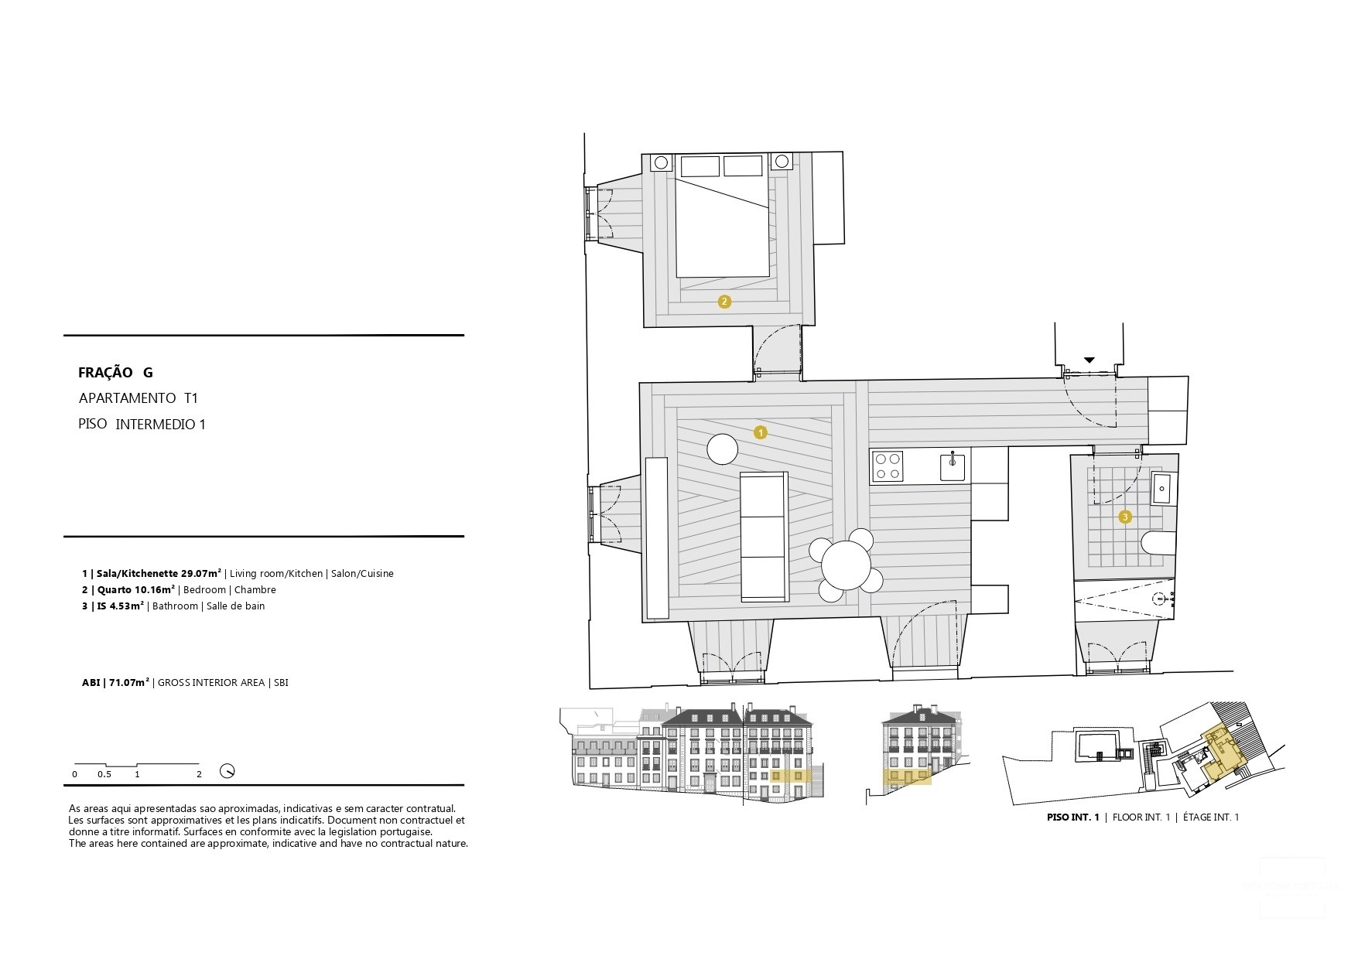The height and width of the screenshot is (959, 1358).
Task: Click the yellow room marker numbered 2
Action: point(724,302)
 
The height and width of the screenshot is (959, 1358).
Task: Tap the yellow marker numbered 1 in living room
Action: point(760,432)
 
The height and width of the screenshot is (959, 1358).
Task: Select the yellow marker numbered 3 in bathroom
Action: point(1125,517)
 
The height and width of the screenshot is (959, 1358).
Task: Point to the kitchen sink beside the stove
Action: point(953,467)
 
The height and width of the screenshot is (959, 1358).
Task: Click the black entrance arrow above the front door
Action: point(1089,360)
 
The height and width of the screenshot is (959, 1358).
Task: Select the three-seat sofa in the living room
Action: point(765,537)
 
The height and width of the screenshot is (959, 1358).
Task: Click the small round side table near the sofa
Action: point(723,449)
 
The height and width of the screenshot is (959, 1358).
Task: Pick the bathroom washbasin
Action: point(1162,489)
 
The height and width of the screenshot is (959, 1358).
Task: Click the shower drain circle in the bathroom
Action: point(1160,598)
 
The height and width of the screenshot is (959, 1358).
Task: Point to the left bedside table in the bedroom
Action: point(662,162)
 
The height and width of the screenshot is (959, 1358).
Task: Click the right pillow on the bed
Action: point(743,166)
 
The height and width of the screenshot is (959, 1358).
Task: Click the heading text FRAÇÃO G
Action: point(115,373)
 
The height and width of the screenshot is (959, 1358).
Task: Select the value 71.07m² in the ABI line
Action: point(129,683)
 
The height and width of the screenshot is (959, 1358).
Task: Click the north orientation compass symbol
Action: point(227,771)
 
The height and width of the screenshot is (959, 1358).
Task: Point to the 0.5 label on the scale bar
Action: point(104,774)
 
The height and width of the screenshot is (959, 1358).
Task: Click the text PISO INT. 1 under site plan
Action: point(1072,817)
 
